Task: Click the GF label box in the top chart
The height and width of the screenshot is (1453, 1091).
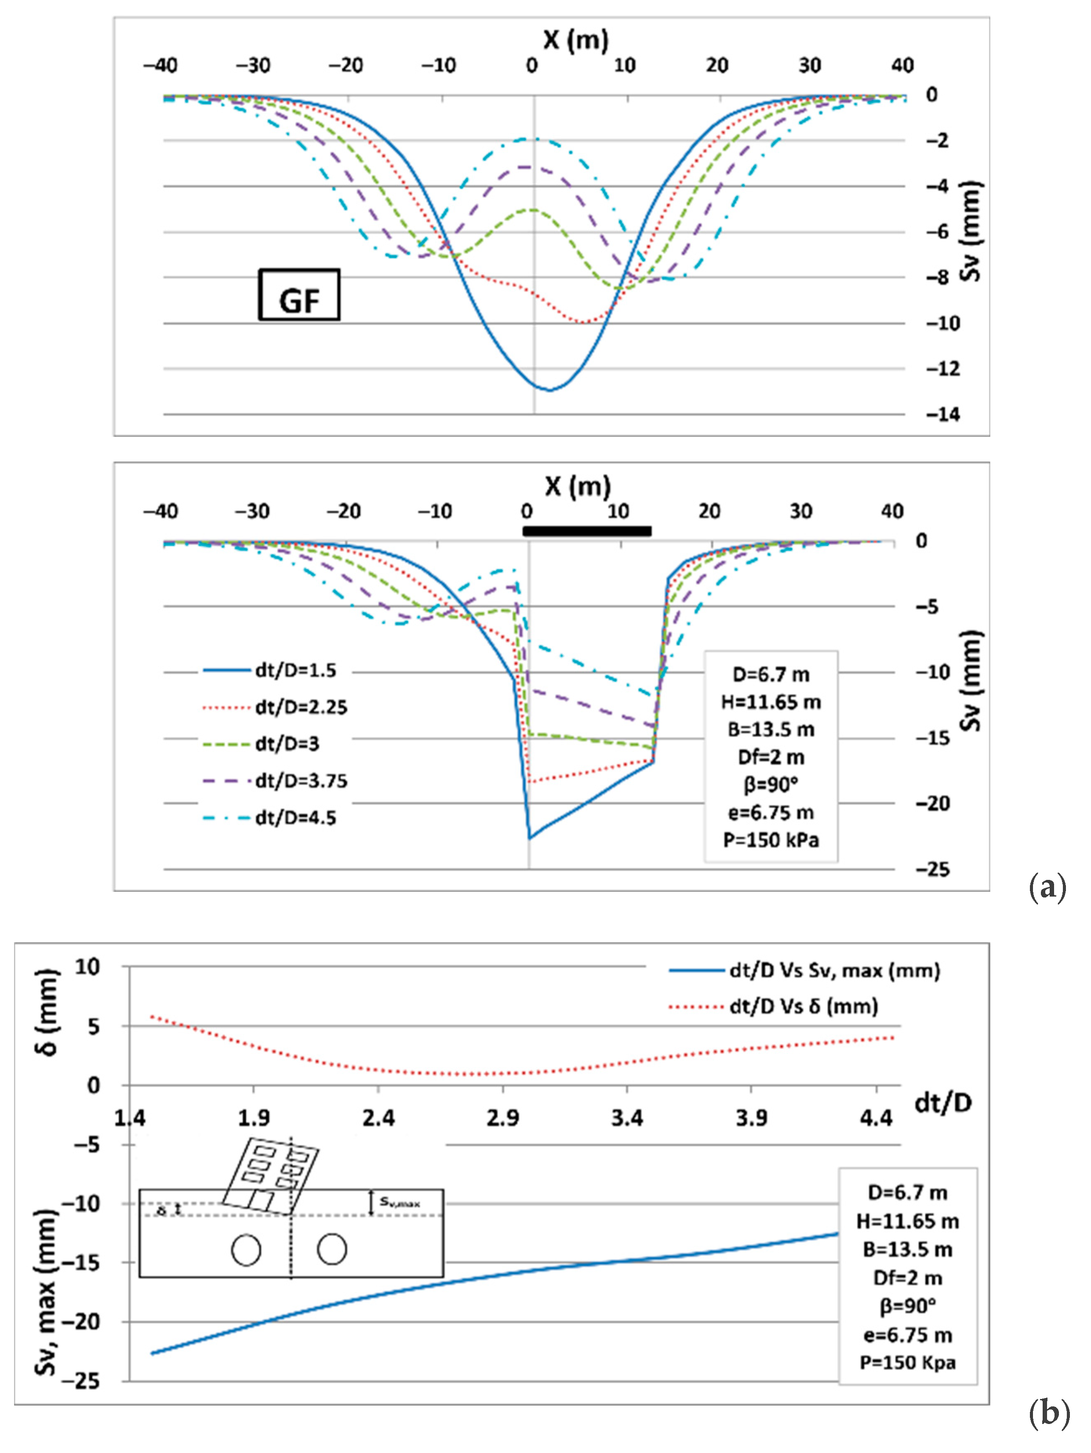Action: tap(299, 295)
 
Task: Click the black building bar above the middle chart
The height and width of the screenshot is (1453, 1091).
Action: tap(586, 531)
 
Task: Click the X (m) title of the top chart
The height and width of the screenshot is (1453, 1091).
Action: tap(575, 41)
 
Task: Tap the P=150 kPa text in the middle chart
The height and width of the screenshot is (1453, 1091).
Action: tap(771, 841)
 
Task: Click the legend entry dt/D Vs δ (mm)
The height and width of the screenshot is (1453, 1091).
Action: tap(804, 1006)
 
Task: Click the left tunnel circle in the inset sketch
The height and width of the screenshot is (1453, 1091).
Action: tap(246, 1250)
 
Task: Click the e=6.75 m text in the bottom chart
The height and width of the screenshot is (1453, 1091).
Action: tap(907, 1335)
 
